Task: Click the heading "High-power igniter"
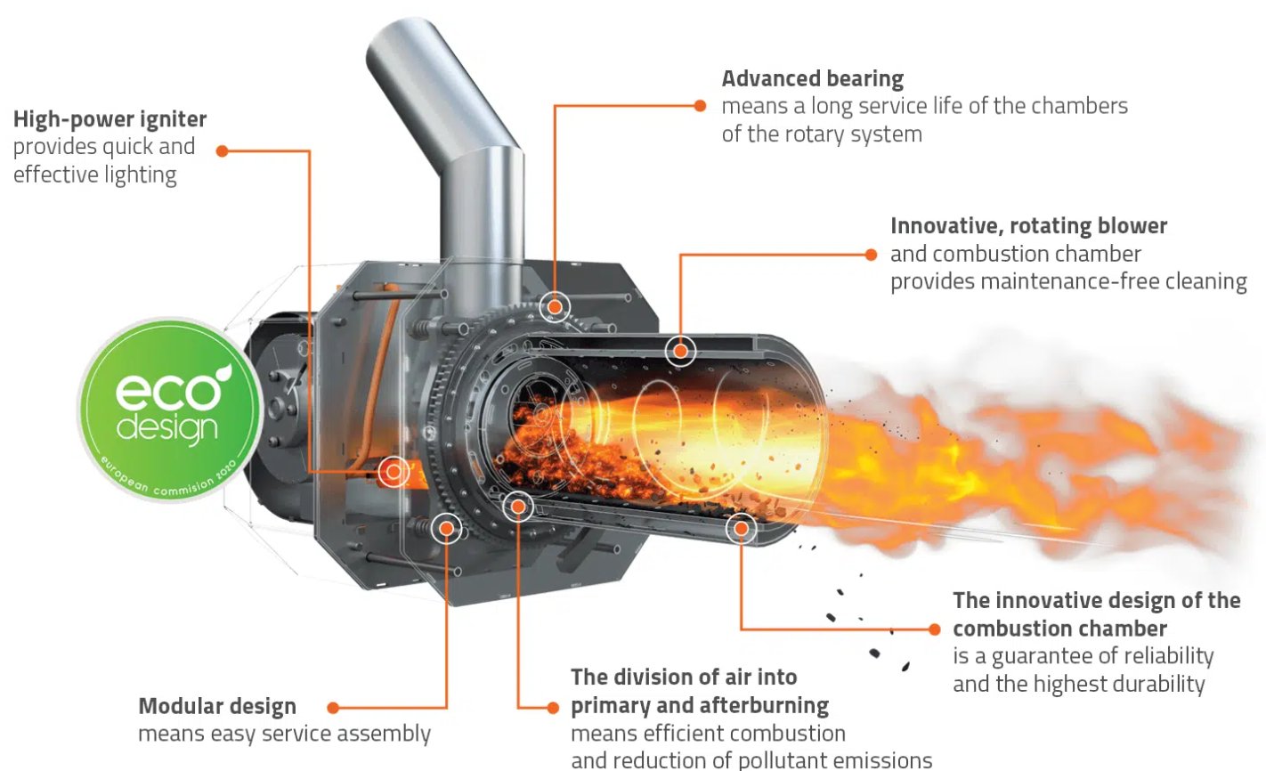tap(110, 120)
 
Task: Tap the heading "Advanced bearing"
tap(813, 79)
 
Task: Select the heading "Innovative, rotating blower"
tap(1028, 226)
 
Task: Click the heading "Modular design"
tap(217, 707)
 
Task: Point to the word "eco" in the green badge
tap(168, 392)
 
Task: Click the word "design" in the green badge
tap(167, 428)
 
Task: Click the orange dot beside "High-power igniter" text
tap(222, 151)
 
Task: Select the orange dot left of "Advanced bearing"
tap(700, 106)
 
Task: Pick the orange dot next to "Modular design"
tap(333, 708)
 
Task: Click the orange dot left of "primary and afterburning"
tap(553, 708)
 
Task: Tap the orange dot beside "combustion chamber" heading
tap(934, 629)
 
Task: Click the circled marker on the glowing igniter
tap(394, 472)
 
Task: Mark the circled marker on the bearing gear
tap(555, 307)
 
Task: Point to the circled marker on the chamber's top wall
tap(680, 351)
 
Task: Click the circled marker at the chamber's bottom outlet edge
tap(741, 529)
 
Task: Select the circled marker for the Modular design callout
tap(447, 529)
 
